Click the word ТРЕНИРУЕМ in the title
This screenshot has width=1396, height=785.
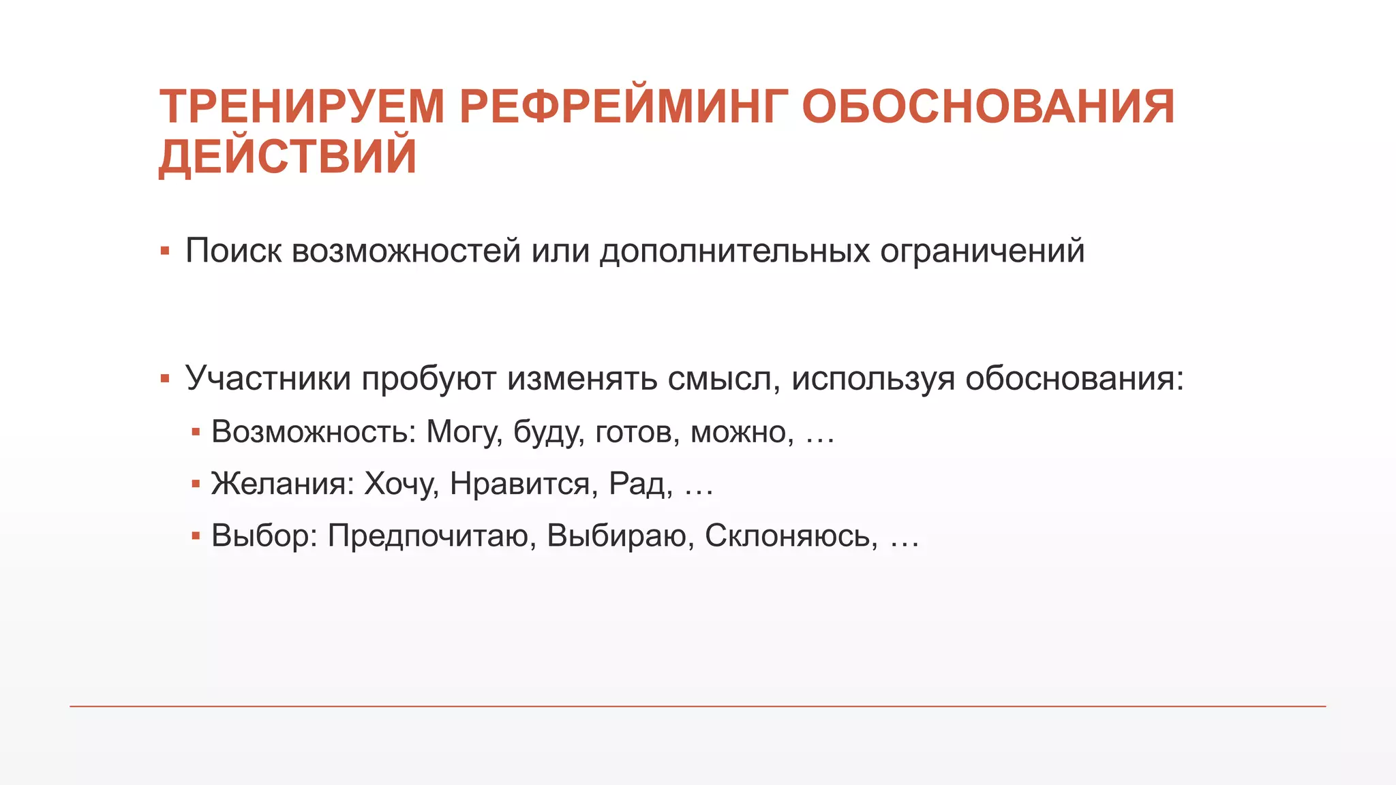pos(302,107)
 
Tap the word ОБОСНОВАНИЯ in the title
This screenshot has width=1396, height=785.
pos(988,107)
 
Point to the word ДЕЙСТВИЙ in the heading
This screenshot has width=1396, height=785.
pos(288,157)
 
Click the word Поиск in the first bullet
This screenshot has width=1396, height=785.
pos(233,251)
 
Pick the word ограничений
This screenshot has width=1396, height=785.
pos(982,251)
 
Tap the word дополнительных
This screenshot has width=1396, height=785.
pos(735,251)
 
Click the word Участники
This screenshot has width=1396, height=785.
pos(268,378)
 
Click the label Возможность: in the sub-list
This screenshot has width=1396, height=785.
pos(314,432)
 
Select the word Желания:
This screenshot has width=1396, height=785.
pos(283,484)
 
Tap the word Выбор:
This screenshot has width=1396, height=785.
pos(264,536)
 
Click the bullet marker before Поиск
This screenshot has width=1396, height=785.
pos(164,251)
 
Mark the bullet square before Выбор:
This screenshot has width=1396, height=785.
pos(196,536)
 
